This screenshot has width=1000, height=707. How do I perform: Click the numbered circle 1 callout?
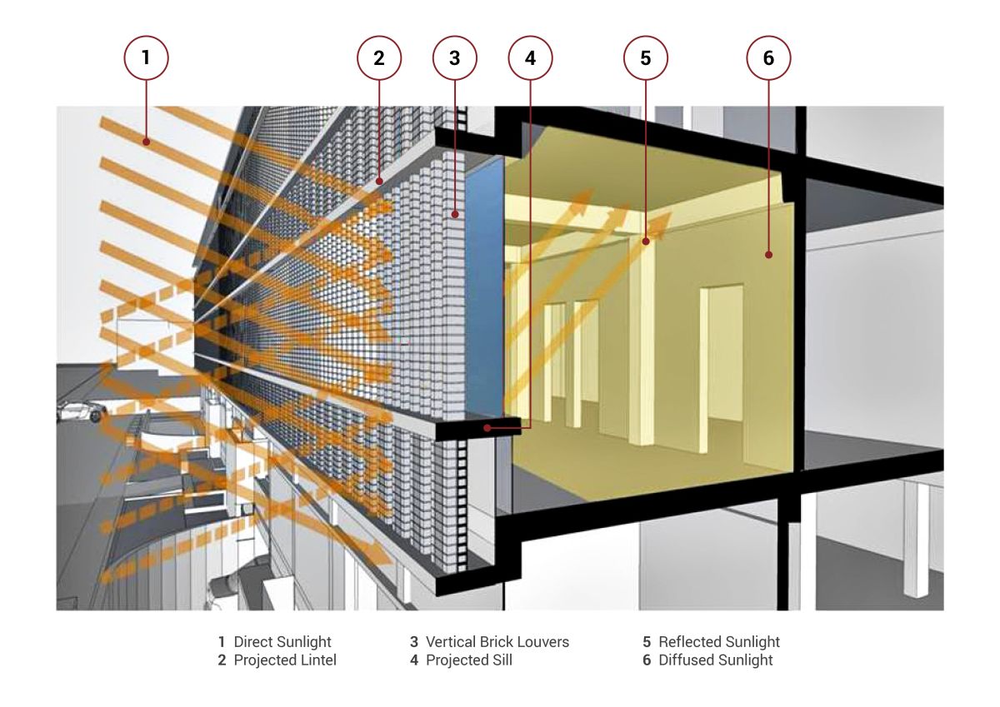coord(146,58)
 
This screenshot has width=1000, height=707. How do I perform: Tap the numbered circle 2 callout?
coord(379,58)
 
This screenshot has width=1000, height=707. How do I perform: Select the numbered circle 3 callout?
coord(454,58)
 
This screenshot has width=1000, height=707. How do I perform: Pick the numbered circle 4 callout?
coord(530,58)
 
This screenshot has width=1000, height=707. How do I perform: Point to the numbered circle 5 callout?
coord(646,58)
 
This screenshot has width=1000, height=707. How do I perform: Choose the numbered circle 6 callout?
coord(768,58)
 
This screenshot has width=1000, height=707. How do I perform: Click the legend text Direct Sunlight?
coord(282,642)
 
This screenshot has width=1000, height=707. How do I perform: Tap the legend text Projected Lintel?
coord(285,660)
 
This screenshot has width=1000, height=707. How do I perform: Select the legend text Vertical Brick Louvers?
coord(497,642)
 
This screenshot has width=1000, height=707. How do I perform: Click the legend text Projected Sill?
coord(468,660)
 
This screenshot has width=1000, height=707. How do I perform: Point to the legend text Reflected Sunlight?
coord(718,642)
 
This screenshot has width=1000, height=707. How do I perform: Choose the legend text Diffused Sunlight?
coord(715,660)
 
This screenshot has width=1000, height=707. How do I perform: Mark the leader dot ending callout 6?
coord(768,255)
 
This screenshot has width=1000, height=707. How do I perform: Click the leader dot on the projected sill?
coord(487,428)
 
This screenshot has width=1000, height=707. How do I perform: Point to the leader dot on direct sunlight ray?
coord(146,142)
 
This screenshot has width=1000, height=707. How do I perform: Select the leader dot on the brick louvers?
coord(454,215)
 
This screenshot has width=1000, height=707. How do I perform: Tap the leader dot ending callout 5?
coord(646,241)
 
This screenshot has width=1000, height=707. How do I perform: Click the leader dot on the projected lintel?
coord(379,181)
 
